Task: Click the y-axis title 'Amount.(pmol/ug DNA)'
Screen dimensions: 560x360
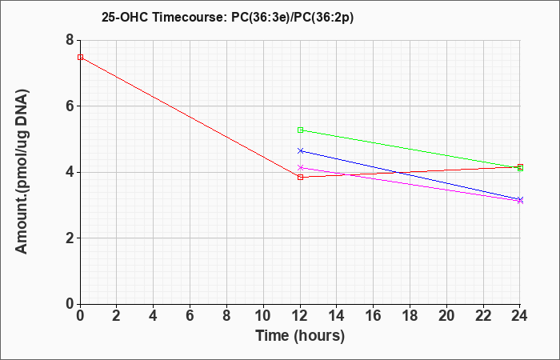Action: [x=22, y=171]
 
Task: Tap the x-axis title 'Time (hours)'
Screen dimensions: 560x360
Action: [x=300, y=336]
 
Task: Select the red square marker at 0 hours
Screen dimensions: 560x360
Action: [x=80, y=57]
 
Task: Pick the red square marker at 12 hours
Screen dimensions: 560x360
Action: [x=300, y=177]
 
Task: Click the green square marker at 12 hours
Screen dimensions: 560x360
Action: [x=300, y=130]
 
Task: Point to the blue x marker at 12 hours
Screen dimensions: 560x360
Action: [x=300, y=150]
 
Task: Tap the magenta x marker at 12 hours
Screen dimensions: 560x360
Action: [x=300, y=167]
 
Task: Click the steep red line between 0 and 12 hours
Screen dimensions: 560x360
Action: [x=190, y=117]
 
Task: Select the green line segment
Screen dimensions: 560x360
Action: [x=410, y=150]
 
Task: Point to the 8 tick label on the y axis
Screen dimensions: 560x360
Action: [x=70, y=40]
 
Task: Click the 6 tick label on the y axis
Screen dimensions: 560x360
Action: [x=70, y=106]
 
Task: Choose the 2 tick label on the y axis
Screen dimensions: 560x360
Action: [x=70, y=238]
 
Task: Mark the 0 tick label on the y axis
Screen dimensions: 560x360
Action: [x=70, y=304]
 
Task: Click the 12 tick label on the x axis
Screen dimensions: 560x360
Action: [x=300, y=316]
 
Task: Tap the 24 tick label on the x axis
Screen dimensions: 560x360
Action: [x=520, y=316]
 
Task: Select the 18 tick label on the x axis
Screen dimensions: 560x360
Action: [x=410, y=316]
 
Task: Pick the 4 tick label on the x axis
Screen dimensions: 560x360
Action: [x=154, y=316]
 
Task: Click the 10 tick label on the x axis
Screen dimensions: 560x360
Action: [x=263, y=316]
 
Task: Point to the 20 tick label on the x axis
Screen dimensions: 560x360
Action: [x=446, y=316]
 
